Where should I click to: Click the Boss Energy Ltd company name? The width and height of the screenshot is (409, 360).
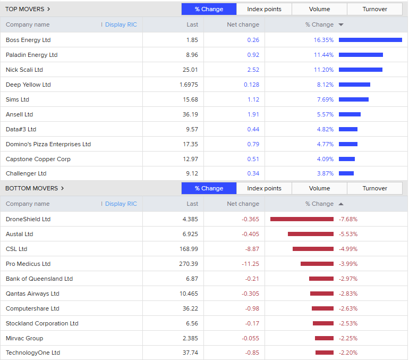point(28,40)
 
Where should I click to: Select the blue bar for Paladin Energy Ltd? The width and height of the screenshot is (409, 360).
point(361,55)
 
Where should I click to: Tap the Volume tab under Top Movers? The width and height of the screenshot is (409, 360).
point(319,9)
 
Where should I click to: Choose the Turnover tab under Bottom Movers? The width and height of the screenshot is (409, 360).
point(374,188)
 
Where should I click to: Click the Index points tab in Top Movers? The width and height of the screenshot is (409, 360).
point(264,9)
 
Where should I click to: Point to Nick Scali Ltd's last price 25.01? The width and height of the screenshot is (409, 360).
point(190,70)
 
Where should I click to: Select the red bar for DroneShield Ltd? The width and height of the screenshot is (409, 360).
point(302,219)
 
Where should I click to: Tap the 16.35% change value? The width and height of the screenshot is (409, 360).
point(323,40)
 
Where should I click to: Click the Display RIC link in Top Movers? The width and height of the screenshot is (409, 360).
point(121,24)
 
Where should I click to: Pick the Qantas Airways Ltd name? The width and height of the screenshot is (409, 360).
point(32,294)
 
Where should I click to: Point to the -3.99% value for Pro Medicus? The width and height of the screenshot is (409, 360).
point(348,264)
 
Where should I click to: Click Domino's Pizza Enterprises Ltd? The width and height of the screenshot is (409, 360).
point(48,144)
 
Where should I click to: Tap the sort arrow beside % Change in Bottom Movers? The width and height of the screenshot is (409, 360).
point(341,204)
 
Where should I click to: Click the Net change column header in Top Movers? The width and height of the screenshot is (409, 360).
point(243,24)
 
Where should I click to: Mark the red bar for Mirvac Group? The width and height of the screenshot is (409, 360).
point(324,338)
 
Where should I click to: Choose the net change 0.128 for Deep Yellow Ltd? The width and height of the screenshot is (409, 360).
point(251,85)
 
